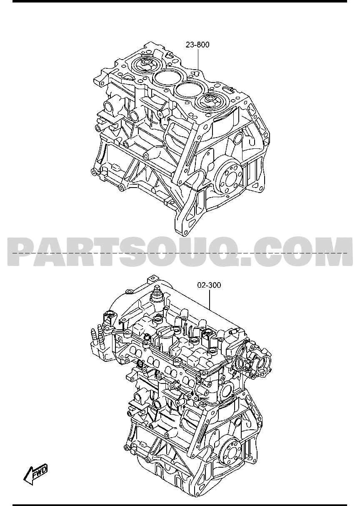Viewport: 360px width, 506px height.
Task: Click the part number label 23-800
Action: click(197, 45)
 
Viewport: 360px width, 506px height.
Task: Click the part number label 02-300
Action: click(209, 286)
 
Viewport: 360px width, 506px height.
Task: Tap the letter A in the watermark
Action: click(50, 251)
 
